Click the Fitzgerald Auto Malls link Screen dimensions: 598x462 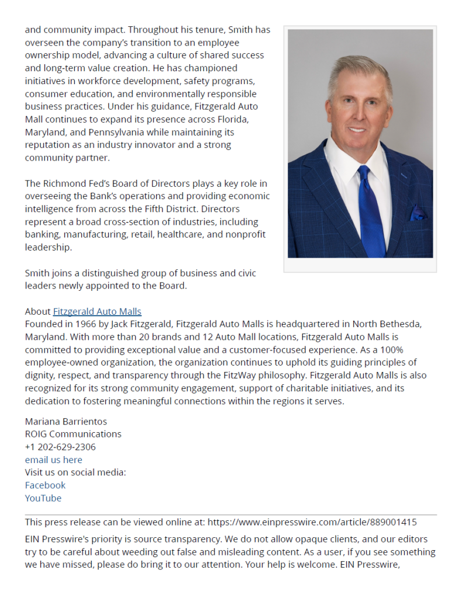pyautogui.click(x=97, y=312)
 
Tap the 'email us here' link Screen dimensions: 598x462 pyautogui.click(x=53, y=460)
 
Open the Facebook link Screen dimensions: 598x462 pyautogui.click(x=45, y=485)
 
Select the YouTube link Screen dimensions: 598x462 pyautogui.click(x=43, y=498)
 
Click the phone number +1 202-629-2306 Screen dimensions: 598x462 pyautogui.click(x=60, y=447)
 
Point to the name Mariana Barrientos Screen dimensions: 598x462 pyautogui.click(x=65, y=421)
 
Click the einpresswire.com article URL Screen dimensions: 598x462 pyautogui.click(x=312, y=522)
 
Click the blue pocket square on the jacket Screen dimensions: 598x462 pyautogui.click(x=418, y=213)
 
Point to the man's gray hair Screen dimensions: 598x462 pyautogui.click(x=358, y=68)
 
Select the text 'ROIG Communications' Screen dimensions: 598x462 pyautogui.click(x=73, y=434)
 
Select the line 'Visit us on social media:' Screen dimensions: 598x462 pyautogui.click(x=75, y=472)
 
